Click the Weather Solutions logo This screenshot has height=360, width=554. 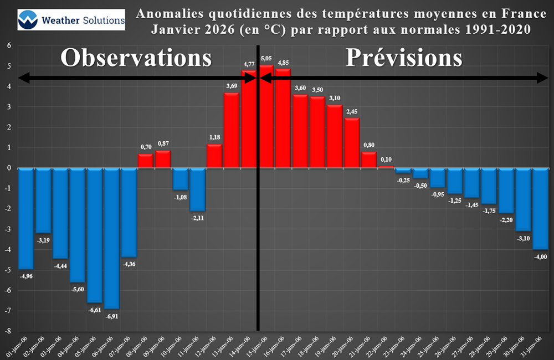(71, 19)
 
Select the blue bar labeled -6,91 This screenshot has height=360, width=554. (112, 238)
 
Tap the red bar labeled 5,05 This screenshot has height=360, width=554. (266, 117)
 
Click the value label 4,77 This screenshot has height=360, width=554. (249, 65)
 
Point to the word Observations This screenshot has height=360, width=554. (136, 58)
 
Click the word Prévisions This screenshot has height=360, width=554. (404, 58)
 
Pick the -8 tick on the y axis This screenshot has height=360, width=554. (8, 331)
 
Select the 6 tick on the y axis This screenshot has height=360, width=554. (9, 45)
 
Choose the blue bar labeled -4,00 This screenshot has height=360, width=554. (541, 209)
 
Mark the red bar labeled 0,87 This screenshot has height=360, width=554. (163, 160)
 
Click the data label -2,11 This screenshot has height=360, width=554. (198, 218)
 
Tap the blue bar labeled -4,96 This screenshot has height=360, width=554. (26, 218)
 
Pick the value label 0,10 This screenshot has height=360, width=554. (386, 160)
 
